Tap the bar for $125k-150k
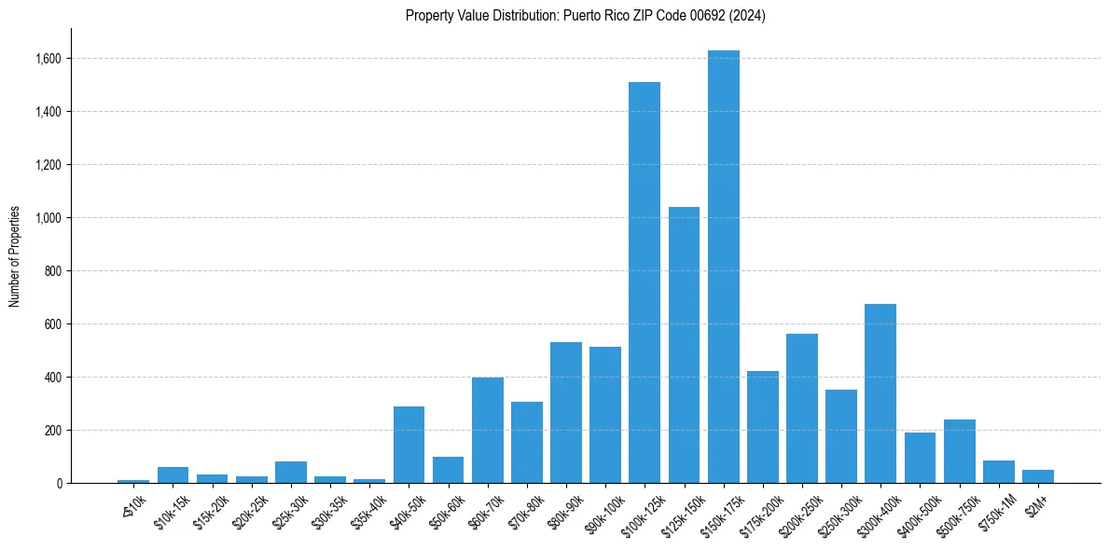(x=684, y=345)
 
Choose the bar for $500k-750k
(x=959, y=451)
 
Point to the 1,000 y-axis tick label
(x=48, y=218)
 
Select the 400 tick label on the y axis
(x=53, y=378)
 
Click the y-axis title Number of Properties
(x=15, y=256)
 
